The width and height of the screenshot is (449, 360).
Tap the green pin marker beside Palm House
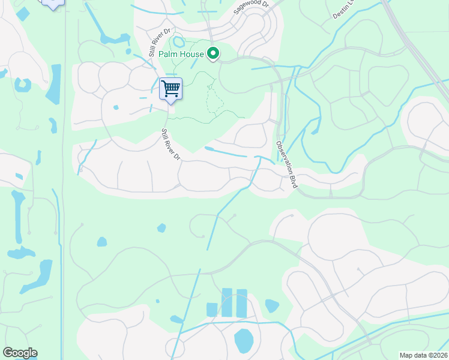tap(212, 54)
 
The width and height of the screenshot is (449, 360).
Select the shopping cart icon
tap(171, 89)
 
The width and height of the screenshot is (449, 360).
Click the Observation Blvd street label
tap(287, 165)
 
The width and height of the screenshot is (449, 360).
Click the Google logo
tap(20, 353)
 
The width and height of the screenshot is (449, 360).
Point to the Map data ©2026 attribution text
tap(424, 355)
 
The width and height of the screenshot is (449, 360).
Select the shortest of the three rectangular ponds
tap(211, 310)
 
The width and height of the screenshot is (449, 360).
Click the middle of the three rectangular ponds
tap(226, 302)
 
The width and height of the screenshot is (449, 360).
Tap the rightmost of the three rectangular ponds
tap(241, 303)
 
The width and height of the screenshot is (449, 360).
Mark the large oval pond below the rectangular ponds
tap(243, 341)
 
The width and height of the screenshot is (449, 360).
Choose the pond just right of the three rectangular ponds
tap(271, 306)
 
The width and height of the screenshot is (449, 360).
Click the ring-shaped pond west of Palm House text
tap(178, 42)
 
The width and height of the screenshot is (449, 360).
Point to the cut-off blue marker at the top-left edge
tap(53, 4)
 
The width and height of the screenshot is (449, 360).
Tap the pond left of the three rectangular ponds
tap(176, 319)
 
